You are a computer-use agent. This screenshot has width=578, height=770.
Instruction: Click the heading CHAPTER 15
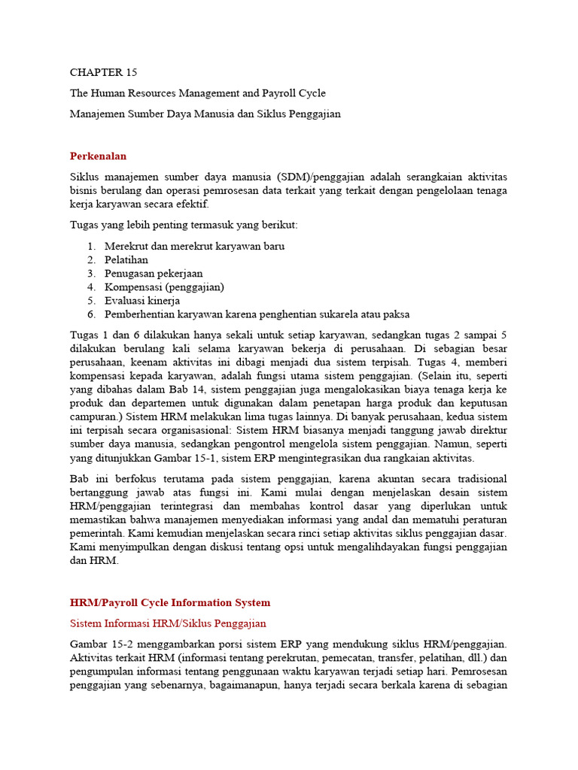pos(104,72)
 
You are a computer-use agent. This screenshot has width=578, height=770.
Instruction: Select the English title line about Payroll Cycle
pos(197,93)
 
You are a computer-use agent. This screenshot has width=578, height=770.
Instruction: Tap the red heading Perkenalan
pos(98,156)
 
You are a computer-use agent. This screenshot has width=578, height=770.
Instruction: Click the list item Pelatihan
pos(126,259)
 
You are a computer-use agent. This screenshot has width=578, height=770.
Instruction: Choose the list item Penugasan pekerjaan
pos(154,273)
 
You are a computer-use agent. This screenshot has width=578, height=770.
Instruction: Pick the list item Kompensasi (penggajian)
pos(164,286)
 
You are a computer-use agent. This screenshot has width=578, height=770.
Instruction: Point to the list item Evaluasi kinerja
pos(142,300)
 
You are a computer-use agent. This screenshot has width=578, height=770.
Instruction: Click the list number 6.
pos(90,314)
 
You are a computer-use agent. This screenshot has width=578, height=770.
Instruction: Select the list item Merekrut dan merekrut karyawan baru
pos(194,246)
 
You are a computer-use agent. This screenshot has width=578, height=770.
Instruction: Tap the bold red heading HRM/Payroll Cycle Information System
pos(169,602)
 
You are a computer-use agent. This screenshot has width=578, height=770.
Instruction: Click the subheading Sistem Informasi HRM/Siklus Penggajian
pos(168,623)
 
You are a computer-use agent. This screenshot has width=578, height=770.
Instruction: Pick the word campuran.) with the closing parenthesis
pos(96,417)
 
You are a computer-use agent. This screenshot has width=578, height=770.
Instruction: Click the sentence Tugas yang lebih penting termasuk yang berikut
pos(184,225)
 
